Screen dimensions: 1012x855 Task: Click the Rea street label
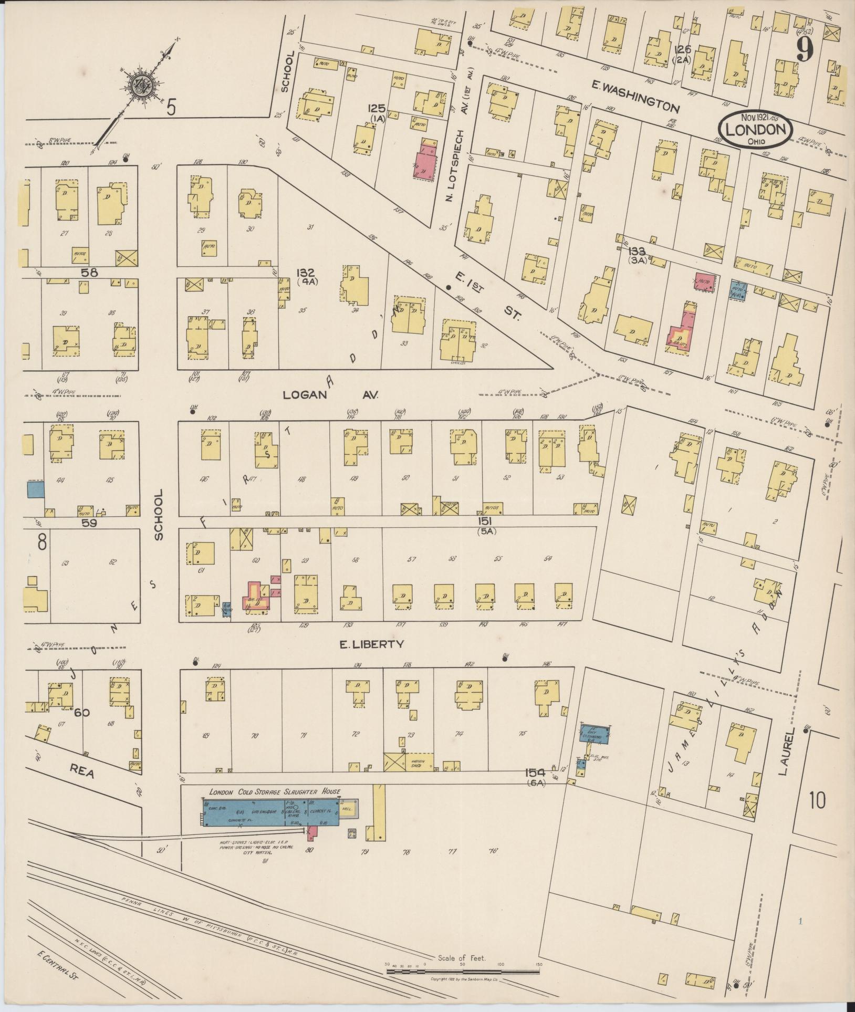[82, 773]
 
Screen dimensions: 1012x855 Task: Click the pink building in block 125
[426, 163]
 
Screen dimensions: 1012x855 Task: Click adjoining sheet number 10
[817, 816]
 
